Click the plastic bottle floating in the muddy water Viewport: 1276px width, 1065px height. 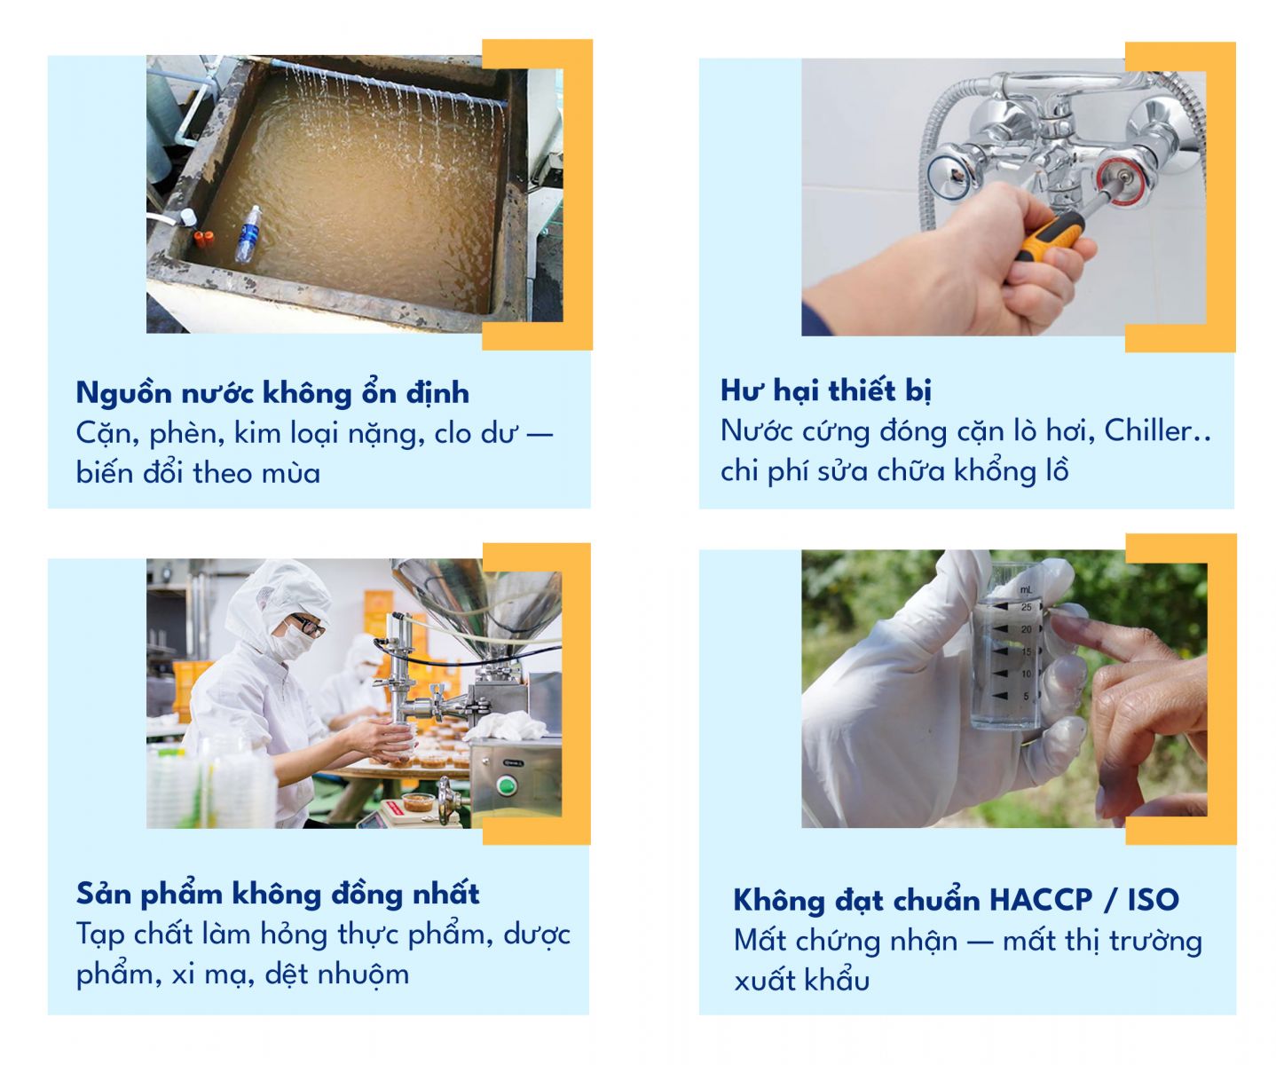[x=248, y=234]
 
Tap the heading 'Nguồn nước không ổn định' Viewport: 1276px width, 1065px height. [x=272, y=392]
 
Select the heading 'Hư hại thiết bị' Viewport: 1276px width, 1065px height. [x=825, y=390]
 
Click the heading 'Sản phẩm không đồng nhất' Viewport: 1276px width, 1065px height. [x=277, y=893]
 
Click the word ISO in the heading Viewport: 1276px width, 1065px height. [x=1153, y=900]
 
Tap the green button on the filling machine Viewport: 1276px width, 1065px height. [x=506, y=785]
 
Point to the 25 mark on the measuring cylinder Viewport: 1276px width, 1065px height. [x=1026, y=607]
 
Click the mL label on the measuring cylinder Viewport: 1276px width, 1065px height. [x=1026, y=589]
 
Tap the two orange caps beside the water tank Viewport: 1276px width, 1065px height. [x=204, y=238]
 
